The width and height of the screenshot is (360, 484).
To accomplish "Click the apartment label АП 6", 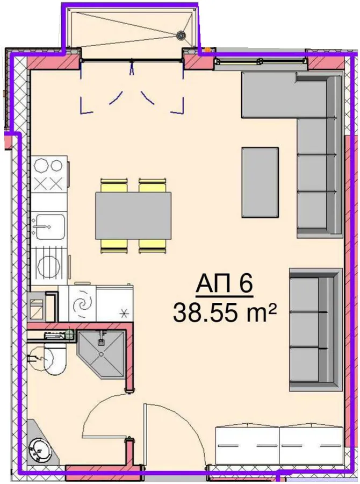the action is (224, 284).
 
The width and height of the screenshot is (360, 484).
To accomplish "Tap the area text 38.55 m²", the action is (224, 312).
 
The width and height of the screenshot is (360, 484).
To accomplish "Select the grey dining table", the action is (133, 216).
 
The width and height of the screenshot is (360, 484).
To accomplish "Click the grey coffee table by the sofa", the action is (261, 182).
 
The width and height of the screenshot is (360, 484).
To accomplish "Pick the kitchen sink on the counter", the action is (49, 226).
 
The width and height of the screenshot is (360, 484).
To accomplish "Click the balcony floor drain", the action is (181, 35).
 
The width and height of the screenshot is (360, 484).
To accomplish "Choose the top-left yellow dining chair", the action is (114, 185).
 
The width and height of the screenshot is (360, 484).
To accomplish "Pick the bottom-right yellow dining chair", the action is (153, 246).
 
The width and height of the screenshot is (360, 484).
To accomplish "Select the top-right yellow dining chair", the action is (153, 185).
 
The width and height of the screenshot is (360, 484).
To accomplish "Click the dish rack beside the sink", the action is (49, 262).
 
